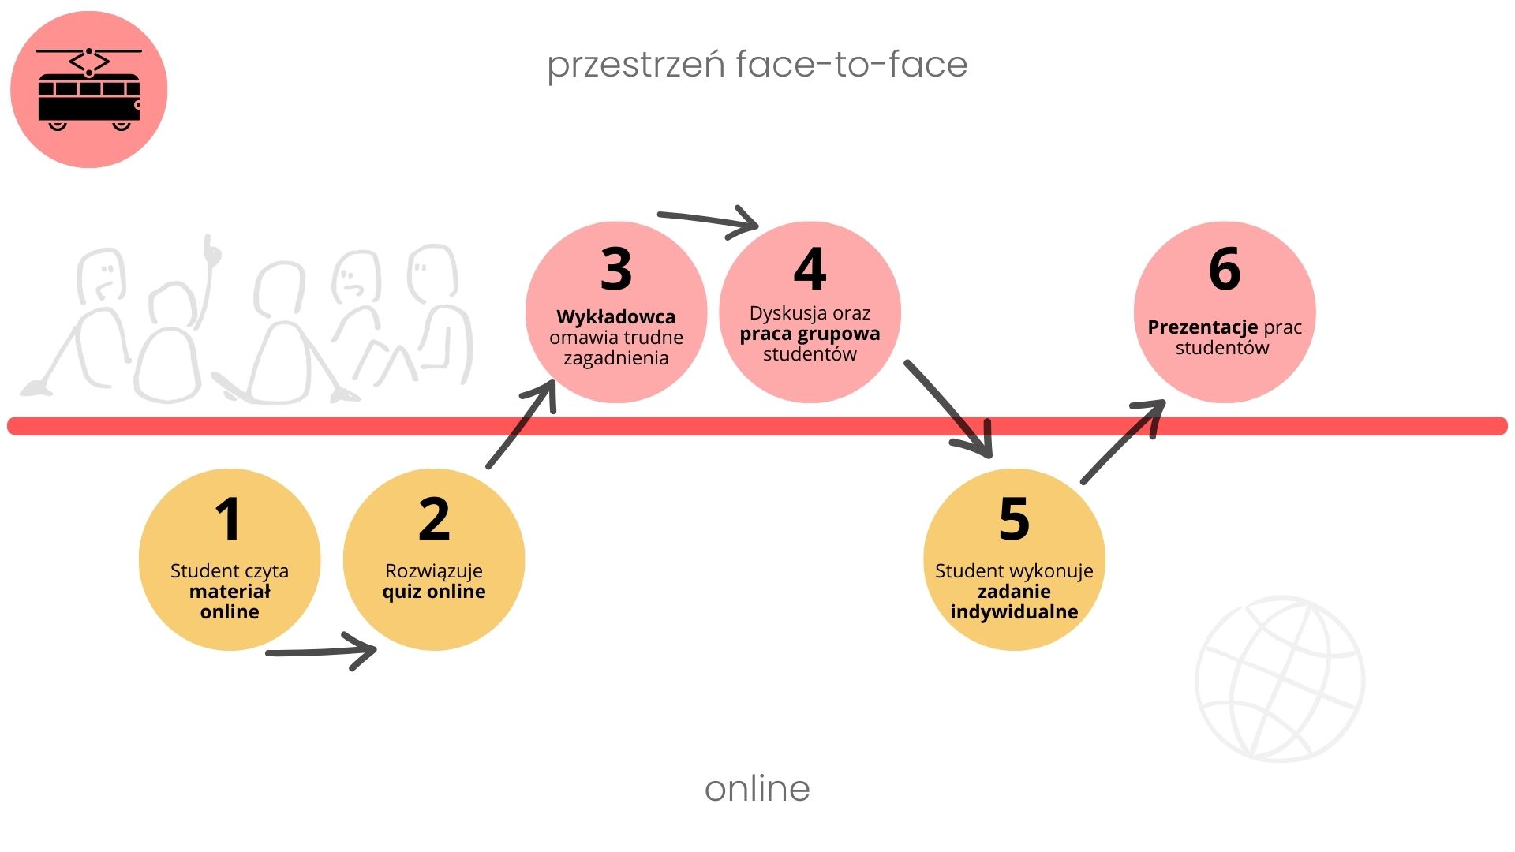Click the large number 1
(229, 519)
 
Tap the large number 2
(434, 519)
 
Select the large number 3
(616, 269)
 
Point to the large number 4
(810, 269)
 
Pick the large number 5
(1014, 519)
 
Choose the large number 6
(1225, 269)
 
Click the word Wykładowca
(615, 317)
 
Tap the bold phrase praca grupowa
(810, 334)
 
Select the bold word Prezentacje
(1203, 327)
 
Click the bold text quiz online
(434, 592)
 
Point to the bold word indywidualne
(1014, 612)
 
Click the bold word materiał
(230, 592)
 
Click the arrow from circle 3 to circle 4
(708, 221)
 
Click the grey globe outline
(1280, 678)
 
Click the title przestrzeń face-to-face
(757, 65)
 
